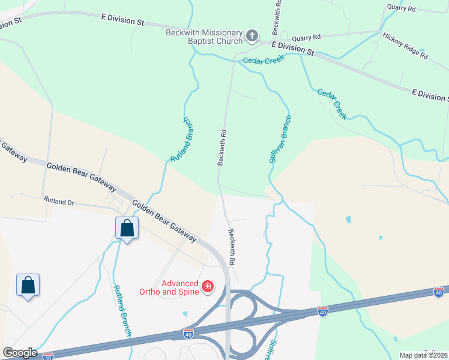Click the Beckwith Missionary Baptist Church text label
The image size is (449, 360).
pos(204,37)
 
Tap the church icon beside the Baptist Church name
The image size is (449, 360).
pos(252,35)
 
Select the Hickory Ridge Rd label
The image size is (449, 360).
pos(405,46)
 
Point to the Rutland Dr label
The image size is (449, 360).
pos(59,202)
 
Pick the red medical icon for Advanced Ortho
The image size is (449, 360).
pos(208,287)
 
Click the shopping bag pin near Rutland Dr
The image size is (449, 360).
pos(127,228)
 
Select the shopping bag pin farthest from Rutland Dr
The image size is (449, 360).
pos(28,285)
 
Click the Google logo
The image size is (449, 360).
pos(20,353)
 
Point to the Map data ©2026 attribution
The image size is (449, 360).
pos(423,355)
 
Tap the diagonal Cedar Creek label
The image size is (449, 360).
pos(332,104)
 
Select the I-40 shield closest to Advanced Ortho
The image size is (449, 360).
pos(188,332)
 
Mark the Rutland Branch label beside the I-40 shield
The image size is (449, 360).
pos(122,310)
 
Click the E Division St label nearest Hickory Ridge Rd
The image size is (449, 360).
pos(429,94)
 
